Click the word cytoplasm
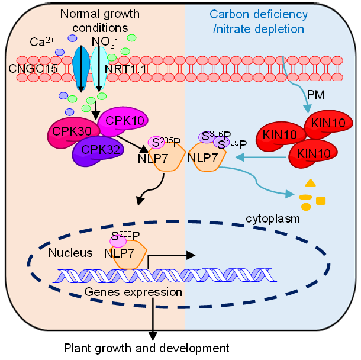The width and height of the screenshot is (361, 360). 273,218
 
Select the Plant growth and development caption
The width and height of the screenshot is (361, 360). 146,348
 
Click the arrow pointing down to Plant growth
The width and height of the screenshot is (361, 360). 153,320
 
